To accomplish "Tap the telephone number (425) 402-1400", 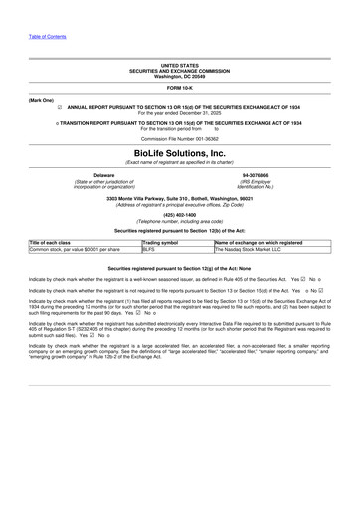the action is click(179, 214).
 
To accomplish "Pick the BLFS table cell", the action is click(150, 249).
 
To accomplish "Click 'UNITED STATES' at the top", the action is click(179, 65).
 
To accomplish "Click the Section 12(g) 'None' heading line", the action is click(179, 268).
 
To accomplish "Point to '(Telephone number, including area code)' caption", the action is click(179, 220).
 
